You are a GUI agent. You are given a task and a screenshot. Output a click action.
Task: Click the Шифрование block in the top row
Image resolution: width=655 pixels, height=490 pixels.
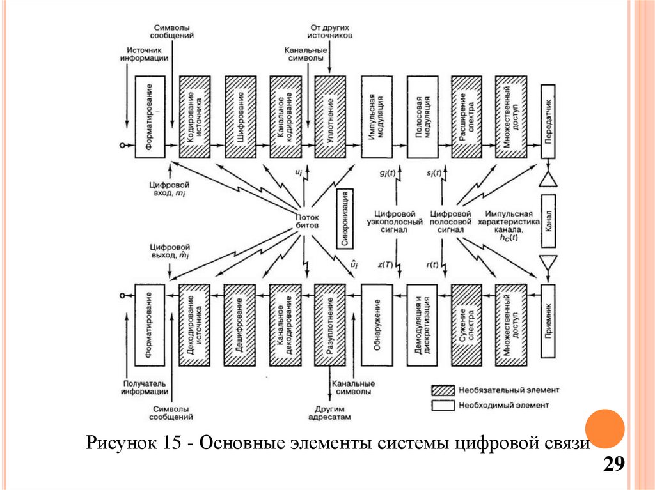(241, 117)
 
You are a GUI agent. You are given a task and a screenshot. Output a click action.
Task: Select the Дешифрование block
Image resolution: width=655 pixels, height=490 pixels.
(241, 325)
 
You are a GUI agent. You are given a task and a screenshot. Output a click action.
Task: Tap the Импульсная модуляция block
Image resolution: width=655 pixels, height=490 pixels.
(376, 117)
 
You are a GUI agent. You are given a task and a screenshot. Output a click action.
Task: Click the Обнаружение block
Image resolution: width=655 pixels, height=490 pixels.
(376, 325)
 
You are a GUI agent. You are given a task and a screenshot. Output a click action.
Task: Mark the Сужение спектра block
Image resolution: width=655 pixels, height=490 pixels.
(466, 325)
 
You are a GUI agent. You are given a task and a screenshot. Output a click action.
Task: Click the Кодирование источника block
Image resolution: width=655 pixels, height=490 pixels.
(195, 117)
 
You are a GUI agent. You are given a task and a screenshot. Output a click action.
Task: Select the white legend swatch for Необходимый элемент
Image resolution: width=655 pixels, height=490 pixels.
(442, 404)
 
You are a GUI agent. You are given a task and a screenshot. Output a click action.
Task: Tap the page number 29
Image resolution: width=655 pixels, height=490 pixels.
(613, 464)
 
